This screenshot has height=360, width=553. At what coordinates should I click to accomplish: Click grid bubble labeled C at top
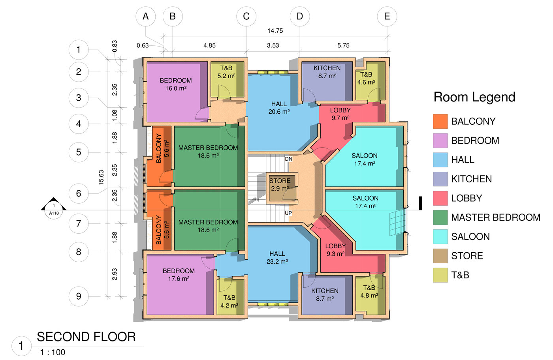coord(246,17)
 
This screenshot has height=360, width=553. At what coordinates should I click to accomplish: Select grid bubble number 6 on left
coord(79,193)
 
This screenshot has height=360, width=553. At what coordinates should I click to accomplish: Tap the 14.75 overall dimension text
coord(275,31)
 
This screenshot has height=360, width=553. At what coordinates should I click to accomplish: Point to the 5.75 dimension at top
coord(343,45)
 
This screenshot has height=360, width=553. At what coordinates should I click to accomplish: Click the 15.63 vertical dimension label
coord(101,178)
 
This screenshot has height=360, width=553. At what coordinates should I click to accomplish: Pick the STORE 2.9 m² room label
coord(280,185)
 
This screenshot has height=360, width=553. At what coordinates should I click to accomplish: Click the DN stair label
coord(289,159)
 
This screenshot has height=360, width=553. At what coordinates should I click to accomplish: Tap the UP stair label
coord(288,213)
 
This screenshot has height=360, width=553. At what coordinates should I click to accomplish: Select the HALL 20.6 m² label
coord(279,108)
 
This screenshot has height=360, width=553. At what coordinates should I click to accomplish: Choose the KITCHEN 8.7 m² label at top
coord(327,72)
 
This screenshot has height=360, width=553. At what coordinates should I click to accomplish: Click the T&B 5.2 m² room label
coord(226,72)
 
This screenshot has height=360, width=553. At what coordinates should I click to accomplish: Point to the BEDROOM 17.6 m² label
coord(179,275)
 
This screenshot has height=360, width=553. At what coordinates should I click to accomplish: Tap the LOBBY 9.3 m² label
coord(335,250)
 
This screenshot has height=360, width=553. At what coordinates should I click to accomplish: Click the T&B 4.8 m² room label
coord(369,292)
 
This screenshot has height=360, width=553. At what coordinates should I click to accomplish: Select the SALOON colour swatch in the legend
coord(440,237)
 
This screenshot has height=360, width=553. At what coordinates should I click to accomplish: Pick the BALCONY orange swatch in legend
coord(440,122)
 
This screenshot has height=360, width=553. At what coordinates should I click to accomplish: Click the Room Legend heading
coord(474,97)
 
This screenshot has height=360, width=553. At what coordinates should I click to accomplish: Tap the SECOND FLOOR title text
coord(86,337)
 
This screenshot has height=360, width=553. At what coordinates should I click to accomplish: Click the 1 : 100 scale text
coord(53,352)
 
